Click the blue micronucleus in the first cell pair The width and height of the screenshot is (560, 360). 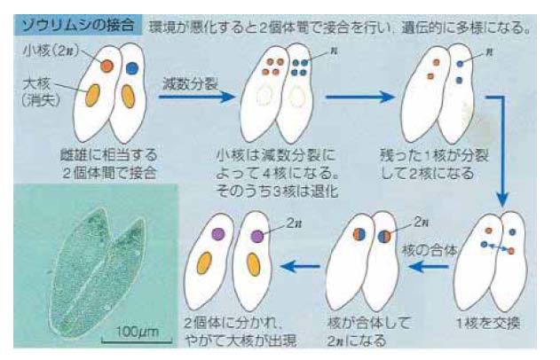(131, 67)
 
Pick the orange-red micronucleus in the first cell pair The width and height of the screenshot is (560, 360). (106, 66)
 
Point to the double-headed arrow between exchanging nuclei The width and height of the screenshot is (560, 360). (497, 248)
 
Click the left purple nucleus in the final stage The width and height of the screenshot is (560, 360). (218, 234)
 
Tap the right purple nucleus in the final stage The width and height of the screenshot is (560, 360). (256, 237)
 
